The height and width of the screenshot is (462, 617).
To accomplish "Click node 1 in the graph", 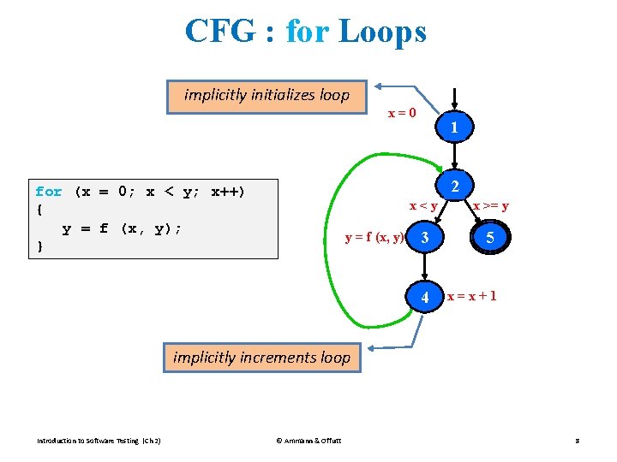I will point(454,130).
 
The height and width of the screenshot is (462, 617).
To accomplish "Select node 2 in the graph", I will point(454,187).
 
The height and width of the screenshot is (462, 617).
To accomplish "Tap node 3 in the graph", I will point(423,239).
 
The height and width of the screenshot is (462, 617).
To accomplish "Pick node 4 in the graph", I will point(424,298).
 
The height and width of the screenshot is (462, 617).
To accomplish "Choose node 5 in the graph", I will point(489,239).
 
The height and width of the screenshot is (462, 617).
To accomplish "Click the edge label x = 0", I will point(403,113).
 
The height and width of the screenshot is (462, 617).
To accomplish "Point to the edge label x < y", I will point(423,206).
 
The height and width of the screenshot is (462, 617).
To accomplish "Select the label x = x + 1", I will point(471,296).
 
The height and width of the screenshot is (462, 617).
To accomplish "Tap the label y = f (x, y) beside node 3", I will point(374,237).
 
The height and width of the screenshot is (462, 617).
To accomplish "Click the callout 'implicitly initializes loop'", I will point(267,95).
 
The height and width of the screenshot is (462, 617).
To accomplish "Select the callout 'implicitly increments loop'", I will point(261,358).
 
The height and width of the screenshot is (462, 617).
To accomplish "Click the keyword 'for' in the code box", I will point(49,192).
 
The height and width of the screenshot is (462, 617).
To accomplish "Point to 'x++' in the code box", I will point(227,192).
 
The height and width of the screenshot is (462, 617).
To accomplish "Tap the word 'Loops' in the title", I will point(382,33).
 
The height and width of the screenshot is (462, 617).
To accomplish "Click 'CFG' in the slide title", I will point(219,33).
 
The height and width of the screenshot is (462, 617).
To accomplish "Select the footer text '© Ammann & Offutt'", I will point(308,441).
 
